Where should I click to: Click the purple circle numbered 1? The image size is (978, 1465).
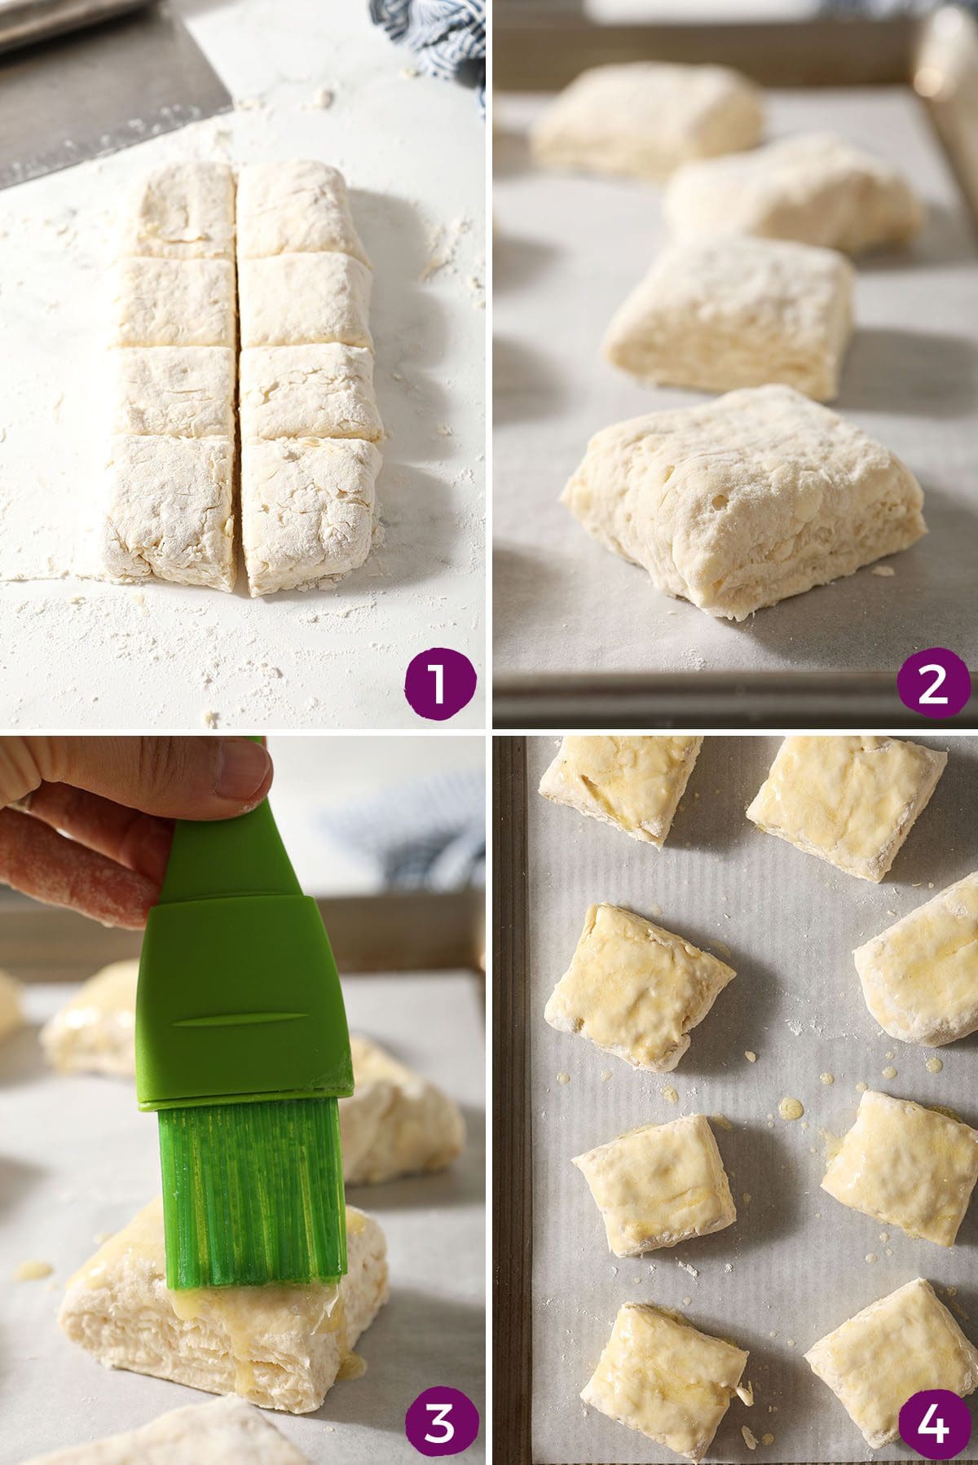pos(438,684)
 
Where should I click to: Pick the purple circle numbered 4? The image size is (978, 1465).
pos(934,1423)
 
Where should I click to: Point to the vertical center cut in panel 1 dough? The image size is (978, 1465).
pos(238,375)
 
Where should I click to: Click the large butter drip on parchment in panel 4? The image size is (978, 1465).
pos(789,1108)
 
